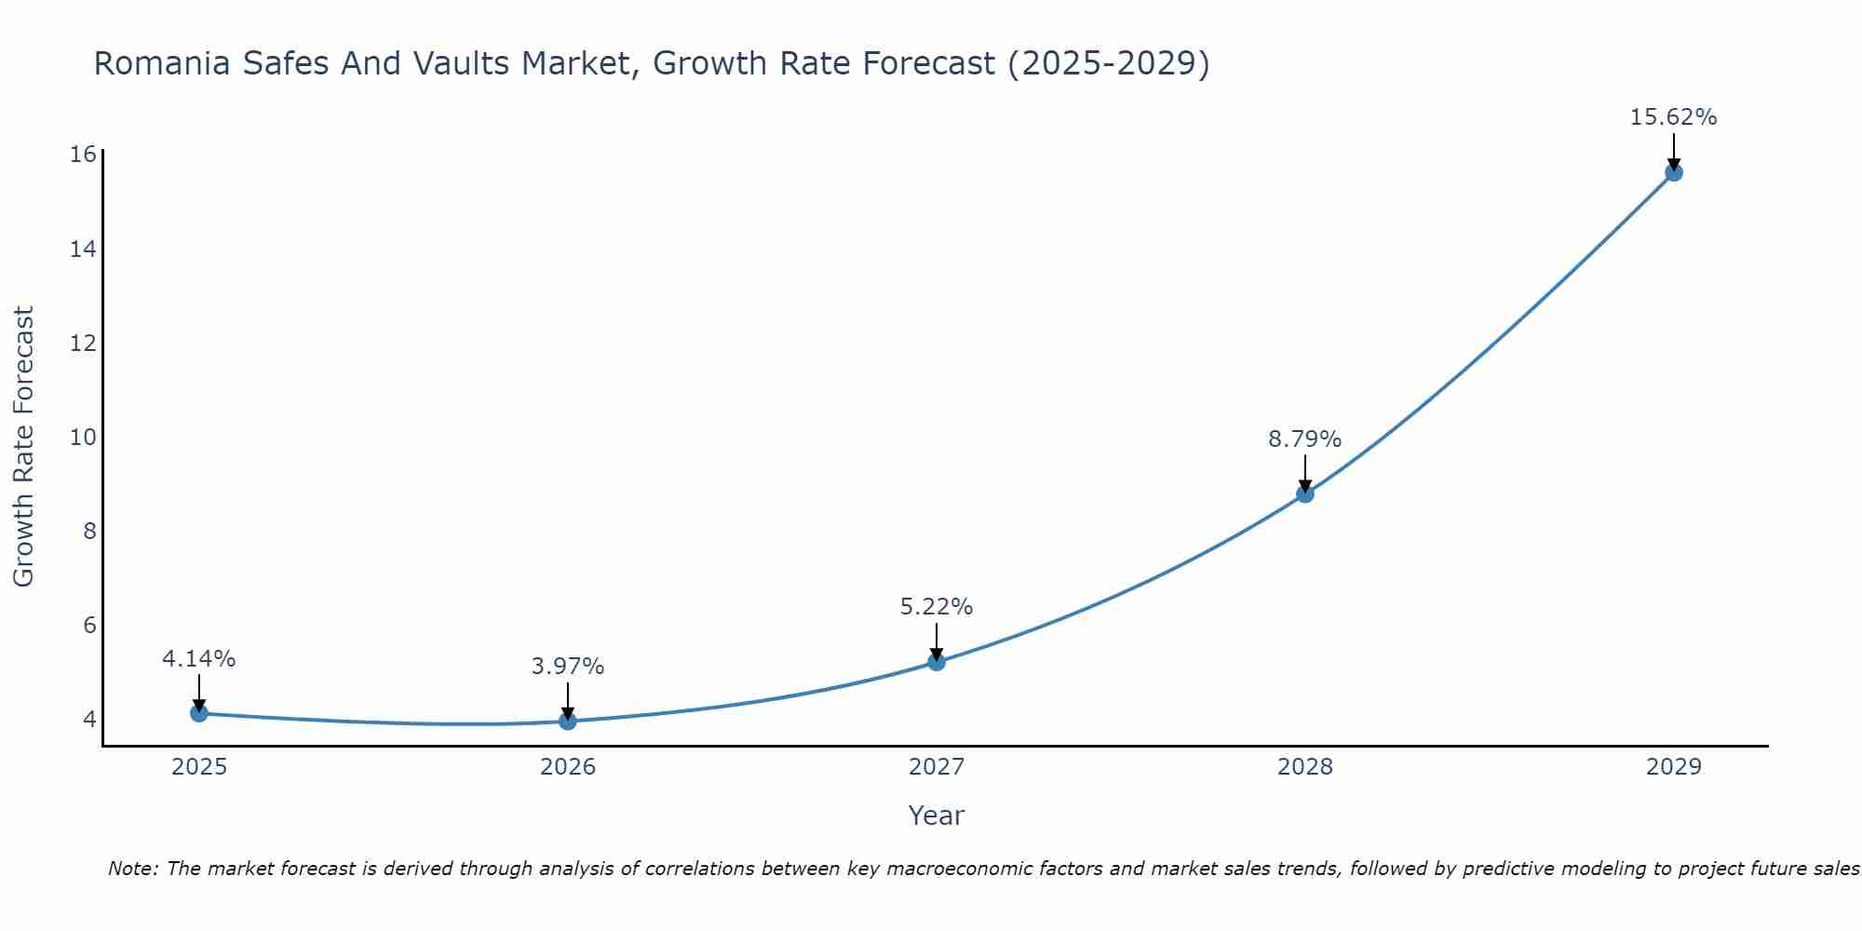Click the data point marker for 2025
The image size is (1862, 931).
[198, 713]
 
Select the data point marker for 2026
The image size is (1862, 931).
[568, 721]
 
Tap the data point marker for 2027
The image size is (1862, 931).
[937, 662]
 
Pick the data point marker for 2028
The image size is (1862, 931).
[1305, 493]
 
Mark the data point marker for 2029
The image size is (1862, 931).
[1674, 172]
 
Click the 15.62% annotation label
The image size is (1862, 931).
[1673, 117]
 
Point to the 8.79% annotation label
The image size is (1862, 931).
[1304, 439]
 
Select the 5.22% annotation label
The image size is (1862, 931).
[936, 607]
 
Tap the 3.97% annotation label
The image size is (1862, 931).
[567, 667]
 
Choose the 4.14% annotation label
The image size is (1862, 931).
[198, 659]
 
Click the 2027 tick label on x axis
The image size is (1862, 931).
[937, 767]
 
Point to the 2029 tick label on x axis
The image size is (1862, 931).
[1674, 767]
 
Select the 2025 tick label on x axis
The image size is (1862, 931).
[199, 767]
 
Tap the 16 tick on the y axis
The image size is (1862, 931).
[83, 154]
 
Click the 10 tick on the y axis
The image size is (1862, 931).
[83, 437]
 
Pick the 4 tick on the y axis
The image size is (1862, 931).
[89, 719]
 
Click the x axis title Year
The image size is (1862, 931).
[936, 816]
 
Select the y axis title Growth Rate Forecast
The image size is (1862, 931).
[23, 447]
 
